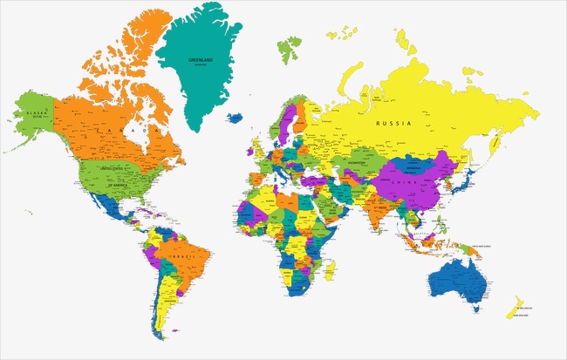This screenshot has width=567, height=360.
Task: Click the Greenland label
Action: click(201, 59)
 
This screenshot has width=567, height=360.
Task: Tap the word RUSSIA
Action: click(393, 124)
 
